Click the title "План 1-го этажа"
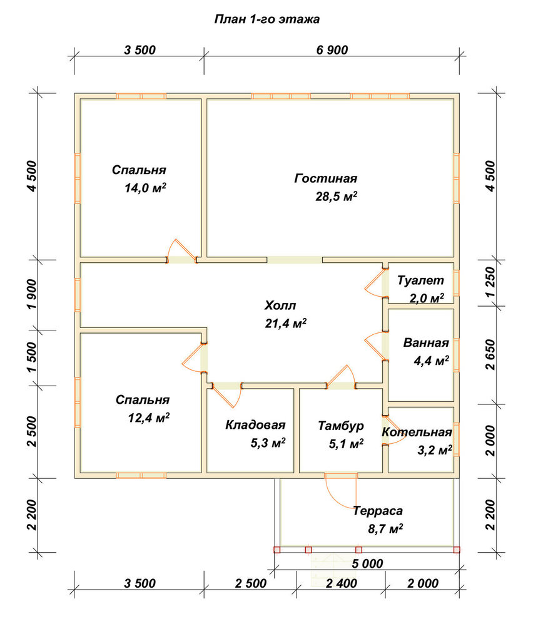[267, 19]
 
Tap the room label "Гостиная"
[325, 178]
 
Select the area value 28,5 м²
[336, 197]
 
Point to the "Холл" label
[280, 306]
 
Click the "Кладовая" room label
[255, 425]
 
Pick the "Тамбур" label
[341, 426]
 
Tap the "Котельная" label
[417, 432]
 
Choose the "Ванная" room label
[426, 342]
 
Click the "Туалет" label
[420, 280]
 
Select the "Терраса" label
[377, 511]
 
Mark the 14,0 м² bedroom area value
[145, 188]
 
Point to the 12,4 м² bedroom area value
[148, 418]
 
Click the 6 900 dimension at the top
[332, 50]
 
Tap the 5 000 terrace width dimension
[367, 564]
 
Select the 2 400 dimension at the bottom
[342, 583]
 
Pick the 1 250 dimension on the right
[490, 282]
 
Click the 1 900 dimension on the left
[33, 294]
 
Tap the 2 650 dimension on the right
[490, 354]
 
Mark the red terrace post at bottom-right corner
[457, 550]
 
